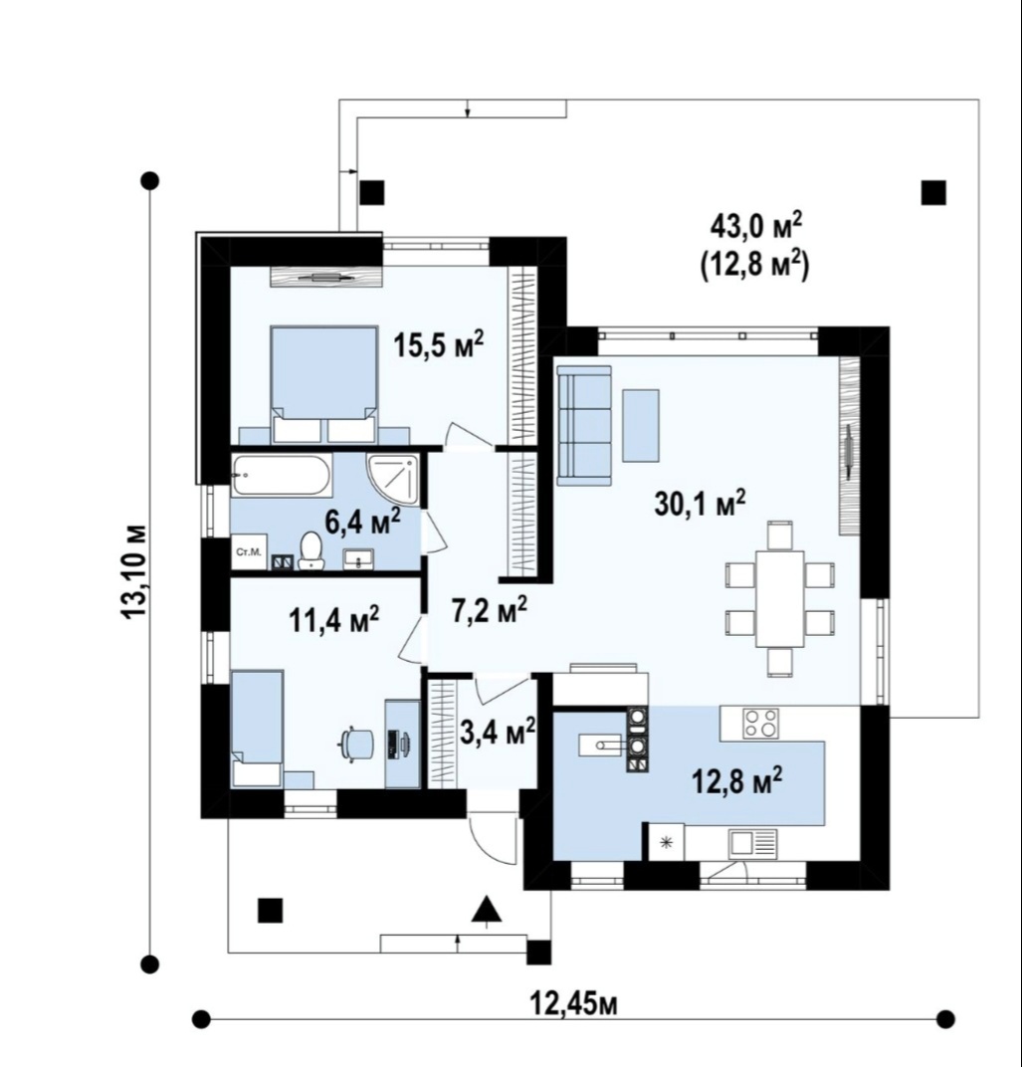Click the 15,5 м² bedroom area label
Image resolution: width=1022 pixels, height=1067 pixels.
(x=439, y=345)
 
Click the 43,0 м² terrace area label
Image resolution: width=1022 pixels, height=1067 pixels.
(x=756, y=225)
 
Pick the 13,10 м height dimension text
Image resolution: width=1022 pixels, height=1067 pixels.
(x=133, y=571)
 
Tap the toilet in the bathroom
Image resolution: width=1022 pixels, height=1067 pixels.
(x=311, y=549)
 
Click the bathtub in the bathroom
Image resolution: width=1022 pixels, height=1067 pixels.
(x=282, y=475)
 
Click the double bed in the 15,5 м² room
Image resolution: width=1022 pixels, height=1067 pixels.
(x=323, y=384)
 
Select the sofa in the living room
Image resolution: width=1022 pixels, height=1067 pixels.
(x=584, y=425)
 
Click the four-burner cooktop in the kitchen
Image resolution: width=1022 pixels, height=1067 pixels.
(x=761, y=723)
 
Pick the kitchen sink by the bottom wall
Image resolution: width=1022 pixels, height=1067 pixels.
(x=751, y=844)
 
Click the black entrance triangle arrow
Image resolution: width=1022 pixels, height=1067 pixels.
(x=487, y=909)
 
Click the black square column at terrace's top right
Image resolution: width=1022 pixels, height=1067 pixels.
(x=933, y=192)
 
